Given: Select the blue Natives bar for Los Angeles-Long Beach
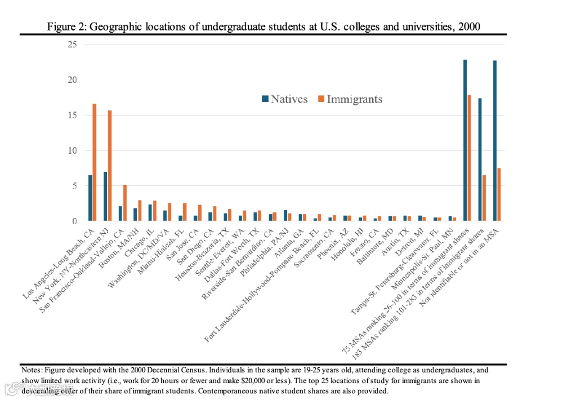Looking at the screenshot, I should [90, 198].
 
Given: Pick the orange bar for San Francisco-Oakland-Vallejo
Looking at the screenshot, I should [125, 203].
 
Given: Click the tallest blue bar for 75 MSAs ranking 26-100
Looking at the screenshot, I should [465, 140].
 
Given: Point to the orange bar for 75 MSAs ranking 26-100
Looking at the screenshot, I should [470, 158].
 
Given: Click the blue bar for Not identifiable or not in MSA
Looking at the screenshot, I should [495, 141].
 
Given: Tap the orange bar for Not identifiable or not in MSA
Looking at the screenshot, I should [499, 194].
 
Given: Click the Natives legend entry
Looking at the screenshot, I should [285, 99].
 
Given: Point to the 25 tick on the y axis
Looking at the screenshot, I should [72, 45].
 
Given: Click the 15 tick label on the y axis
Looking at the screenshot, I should [72, 115].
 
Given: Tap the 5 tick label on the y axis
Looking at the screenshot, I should [74, 186].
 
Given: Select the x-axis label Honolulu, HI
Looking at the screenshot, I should [350, 242].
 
